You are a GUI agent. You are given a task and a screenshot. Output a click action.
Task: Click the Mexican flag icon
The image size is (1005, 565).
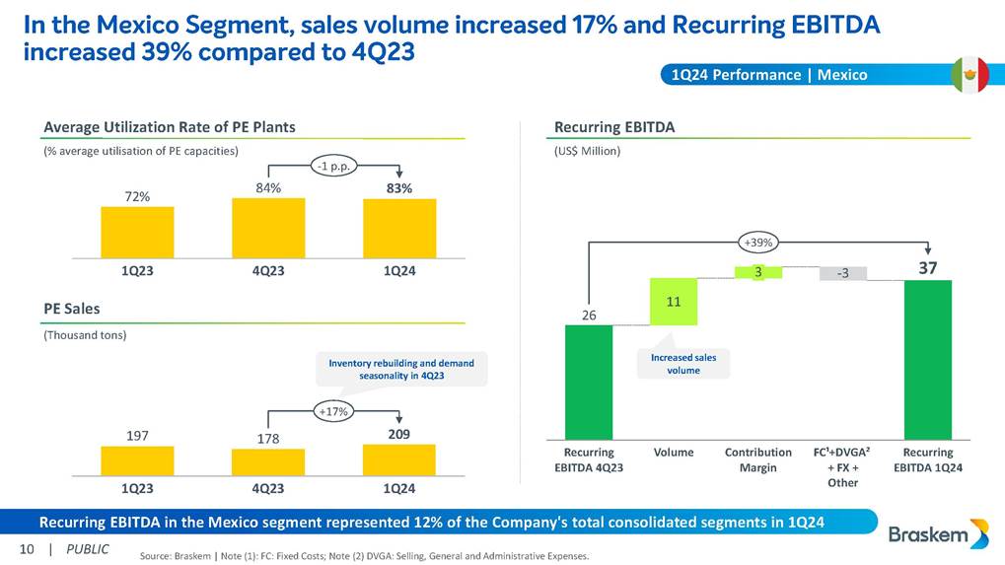point(970,75)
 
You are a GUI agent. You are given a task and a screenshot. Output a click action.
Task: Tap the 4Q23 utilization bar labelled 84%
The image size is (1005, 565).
point(268,228)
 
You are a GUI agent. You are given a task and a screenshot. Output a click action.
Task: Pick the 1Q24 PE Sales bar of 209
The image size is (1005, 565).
point(399,459)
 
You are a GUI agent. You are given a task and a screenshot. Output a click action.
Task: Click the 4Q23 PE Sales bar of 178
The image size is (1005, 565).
point(268,462)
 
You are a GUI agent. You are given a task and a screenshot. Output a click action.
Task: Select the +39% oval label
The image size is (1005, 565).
point(759,241)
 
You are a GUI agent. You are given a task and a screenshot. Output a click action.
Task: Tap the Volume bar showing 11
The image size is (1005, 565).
point(675,301)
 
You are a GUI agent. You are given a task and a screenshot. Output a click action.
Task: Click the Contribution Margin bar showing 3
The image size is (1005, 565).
point(759,272)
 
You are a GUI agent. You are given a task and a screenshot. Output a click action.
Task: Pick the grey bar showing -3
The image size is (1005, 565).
point(843,273)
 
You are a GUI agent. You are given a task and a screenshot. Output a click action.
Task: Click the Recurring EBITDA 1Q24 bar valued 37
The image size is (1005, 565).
point(927,359)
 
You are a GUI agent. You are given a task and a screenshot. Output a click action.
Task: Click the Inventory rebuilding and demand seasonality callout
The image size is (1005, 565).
point(400,370)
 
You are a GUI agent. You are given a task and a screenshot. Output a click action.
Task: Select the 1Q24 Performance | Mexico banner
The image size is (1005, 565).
point(768,75)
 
